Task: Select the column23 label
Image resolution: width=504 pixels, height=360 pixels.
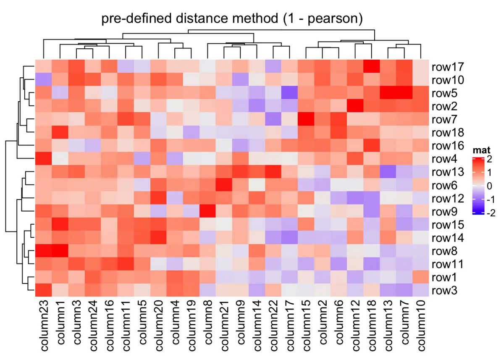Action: pos(43,325)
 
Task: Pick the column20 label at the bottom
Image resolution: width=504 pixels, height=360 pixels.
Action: pos(158,325)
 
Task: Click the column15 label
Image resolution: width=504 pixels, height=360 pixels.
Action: pos(305,325)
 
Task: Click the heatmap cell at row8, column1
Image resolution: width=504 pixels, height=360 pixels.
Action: pos(60,251)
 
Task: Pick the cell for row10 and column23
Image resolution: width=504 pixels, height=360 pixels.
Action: pos(43,80)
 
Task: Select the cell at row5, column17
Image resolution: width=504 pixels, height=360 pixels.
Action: pos(289,93)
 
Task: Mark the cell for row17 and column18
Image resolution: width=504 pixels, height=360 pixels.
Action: pos(371,67)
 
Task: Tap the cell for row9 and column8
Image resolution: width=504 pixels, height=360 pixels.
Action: pos(207,211)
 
